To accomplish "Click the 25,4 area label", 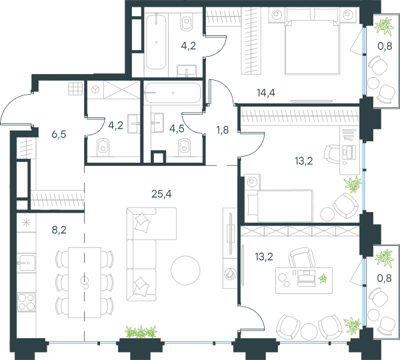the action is pos(161,194).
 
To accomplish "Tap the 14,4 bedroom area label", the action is pos(266,93).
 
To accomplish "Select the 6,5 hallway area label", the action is pos(59,134).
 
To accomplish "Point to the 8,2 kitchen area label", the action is pos(59,230).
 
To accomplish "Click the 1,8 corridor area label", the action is pos(223,130).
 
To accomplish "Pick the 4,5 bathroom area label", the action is pos(177,129).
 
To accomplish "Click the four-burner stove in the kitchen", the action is pos(26,302).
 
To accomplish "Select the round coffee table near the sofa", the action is pos(185,270).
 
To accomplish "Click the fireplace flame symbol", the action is pos(229,274).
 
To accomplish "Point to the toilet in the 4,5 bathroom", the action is pos(185,146).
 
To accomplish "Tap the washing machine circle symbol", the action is pos(95,89).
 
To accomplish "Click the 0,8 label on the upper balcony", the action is pos(385,46).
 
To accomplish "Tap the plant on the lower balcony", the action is pos(384,257).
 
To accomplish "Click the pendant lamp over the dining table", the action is pos(85,282).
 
